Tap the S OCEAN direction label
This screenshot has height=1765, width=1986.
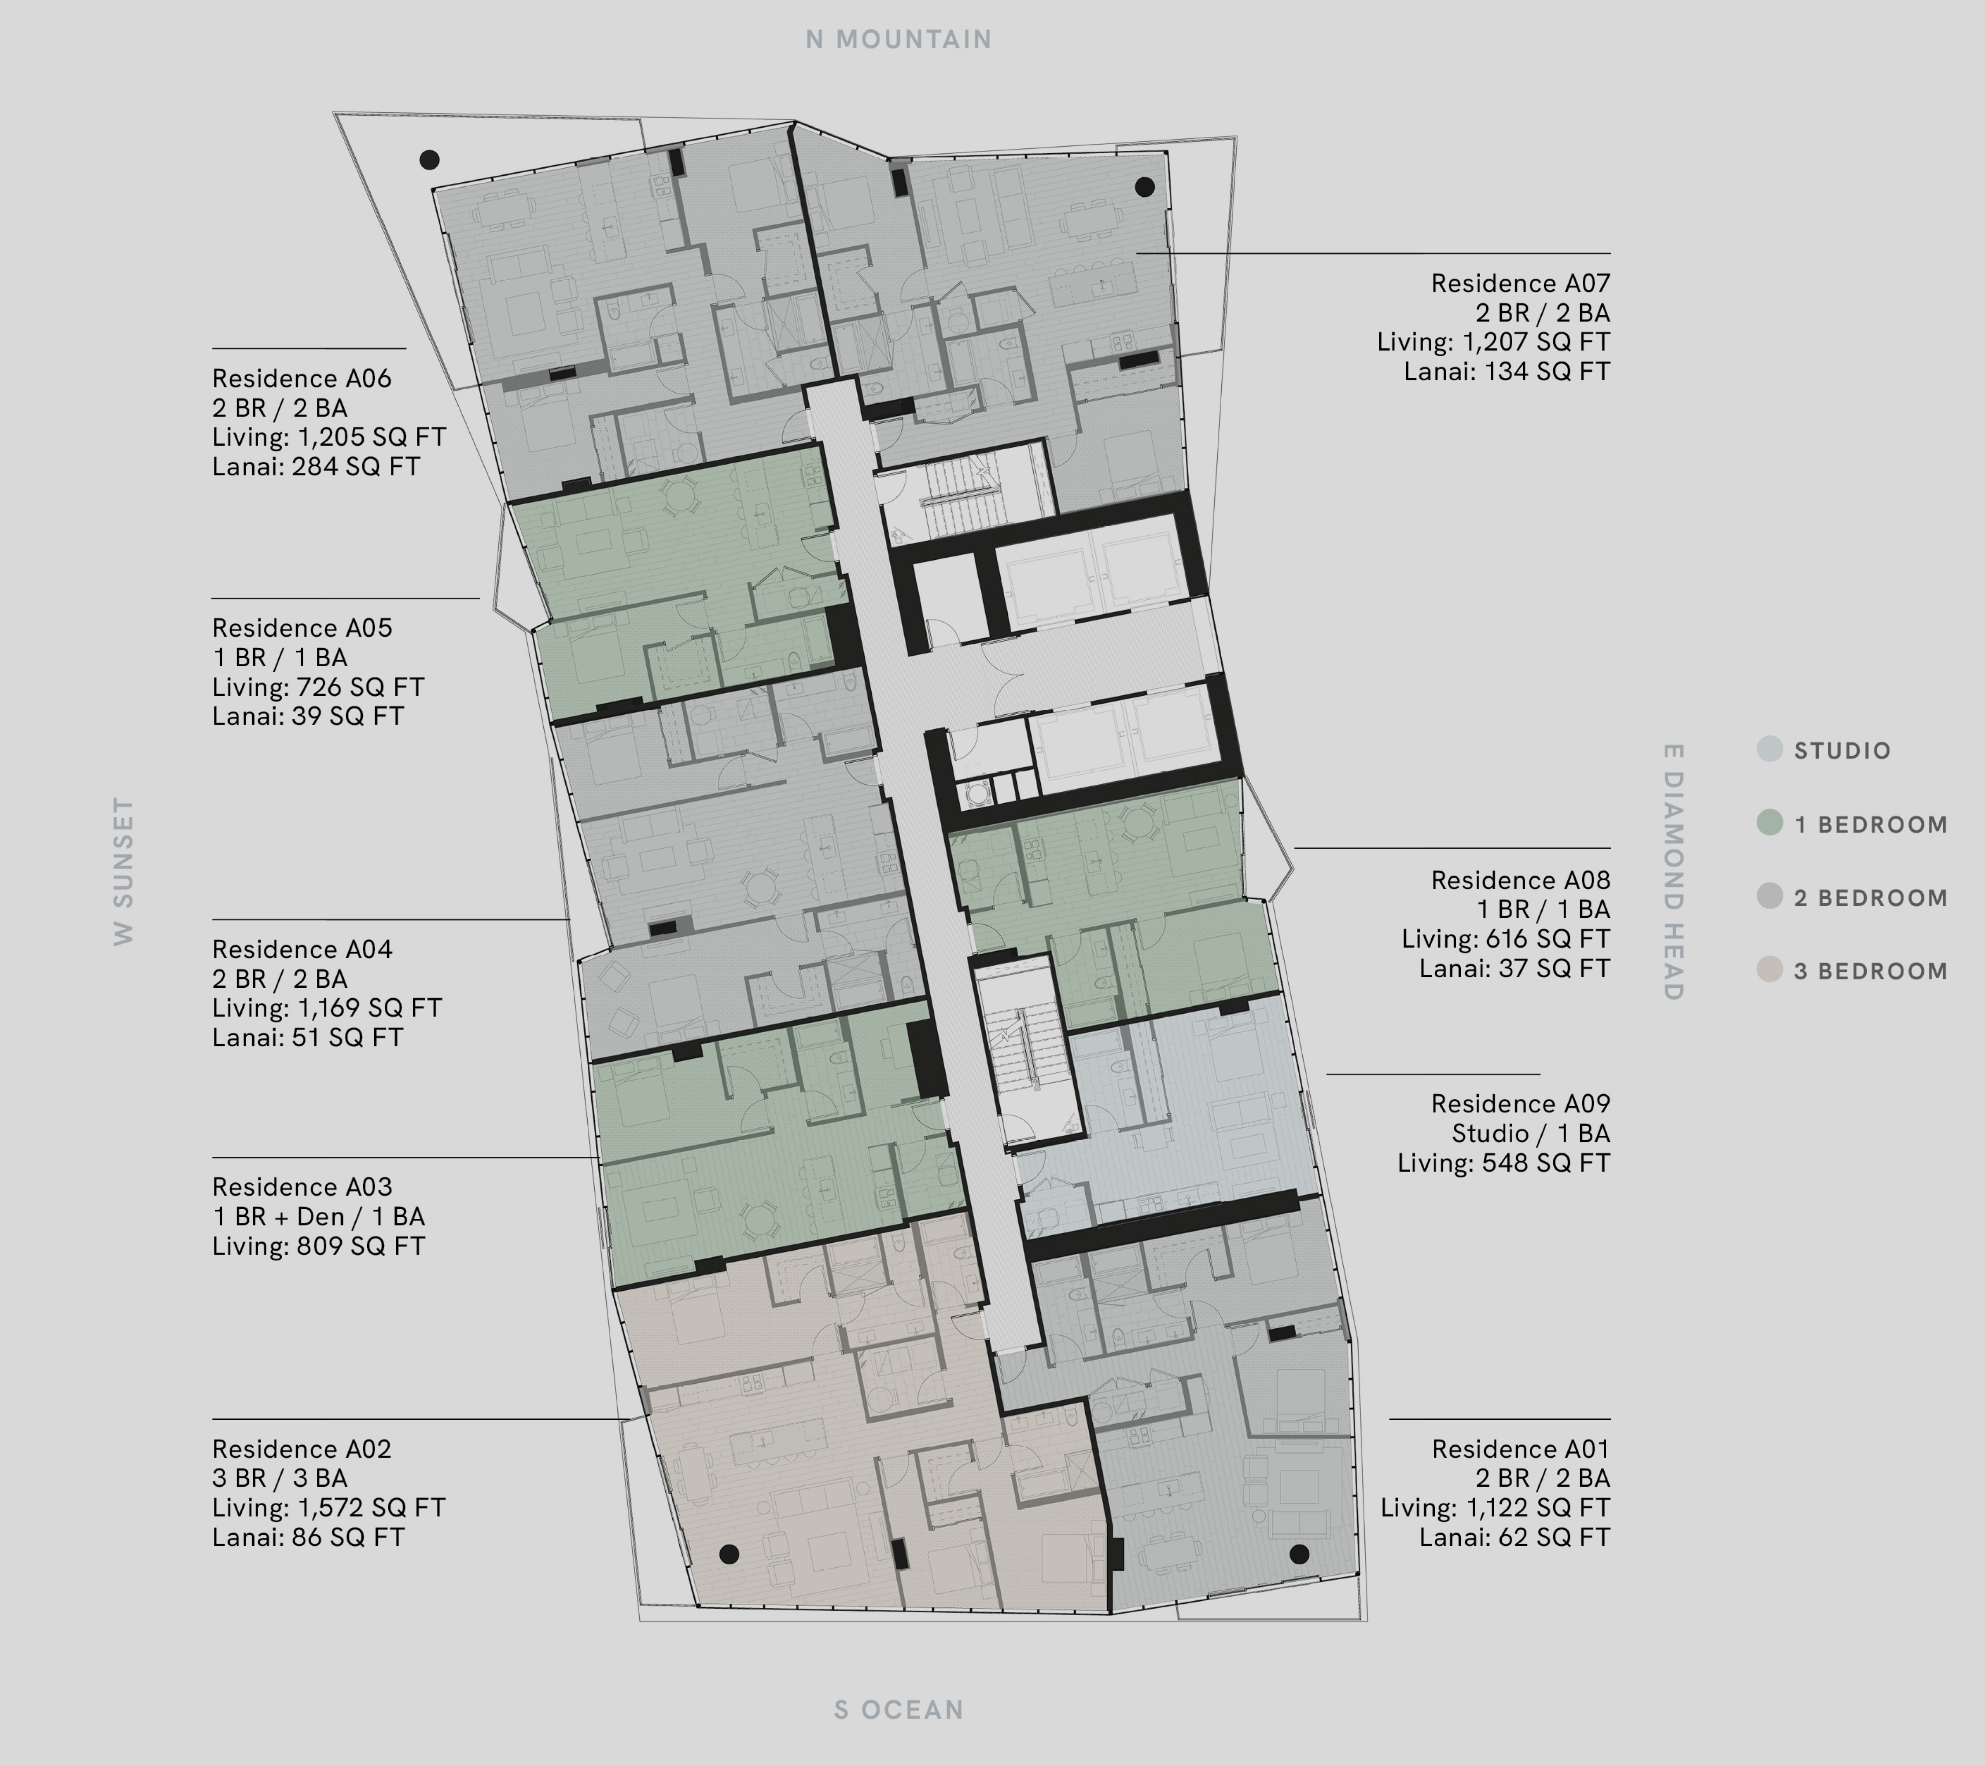click(x=899, y=1710)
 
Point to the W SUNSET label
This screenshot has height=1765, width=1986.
click(x=123, y=871)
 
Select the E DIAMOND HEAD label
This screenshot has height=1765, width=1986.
click(x=1672, y=872)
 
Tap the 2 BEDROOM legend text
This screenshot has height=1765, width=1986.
click(x=1870, y=898)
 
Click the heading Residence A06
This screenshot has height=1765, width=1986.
click(x=302, y=378)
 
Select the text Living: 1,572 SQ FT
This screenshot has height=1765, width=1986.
click(x=328, y=1507)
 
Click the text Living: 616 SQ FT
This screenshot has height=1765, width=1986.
click(x=1505, y=939)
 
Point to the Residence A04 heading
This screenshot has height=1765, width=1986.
click(x=302, y=949)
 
